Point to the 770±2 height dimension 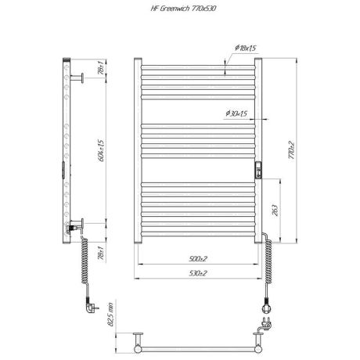291,148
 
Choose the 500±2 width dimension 197,257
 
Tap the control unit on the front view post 258,170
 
